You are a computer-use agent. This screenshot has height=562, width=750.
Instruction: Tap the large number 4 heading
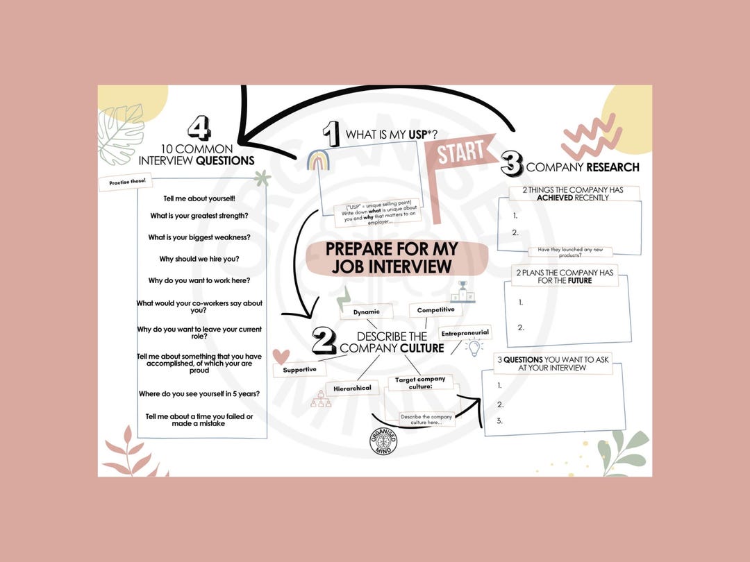click(x=199, y=128)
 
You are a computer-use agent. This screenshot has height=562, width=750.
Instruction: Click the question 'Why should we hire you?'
click(x=199, y=258)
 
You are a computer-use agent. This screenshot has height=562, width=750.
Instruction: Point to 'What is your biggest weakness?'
click(x=199, y=237)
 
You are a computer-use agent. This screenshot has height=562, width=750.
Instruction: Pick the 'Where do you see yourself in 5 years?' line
click(x=199, y=393)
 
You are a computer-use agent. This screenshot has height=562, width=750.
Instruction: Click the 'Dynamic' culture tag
click(x=366, y=312)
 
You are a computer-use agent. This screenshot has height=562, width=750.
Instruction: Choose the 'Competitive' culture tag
click(x=435, y=310)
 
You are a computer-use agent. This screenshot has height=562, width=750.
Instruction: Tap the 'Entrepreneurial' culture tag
click(x=465, y=333)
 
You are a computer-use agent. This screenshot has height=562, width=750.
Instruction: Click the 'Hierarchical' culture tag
click(x=352, y=388)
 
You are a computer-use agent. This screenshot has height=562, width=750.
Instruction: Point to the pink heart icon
click(x=281, y=356)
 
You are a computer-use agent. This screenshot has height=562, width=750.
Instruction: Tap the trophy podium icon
click(x=463, y=292)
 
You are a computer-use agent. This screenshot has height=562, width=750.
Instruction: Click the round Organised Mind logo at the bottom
click(x=383, y=442)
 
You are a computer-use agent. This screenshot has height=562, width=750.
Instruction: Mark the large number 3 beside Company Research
click(x=511, y=164)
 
